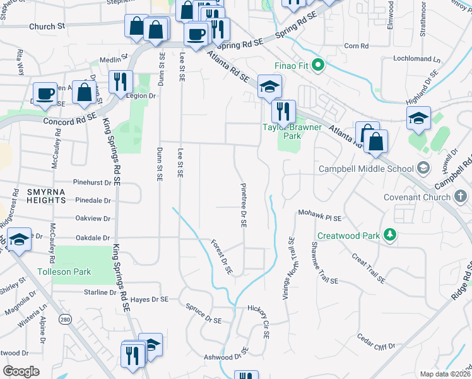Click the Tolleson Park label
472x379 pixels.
tap(64, 272)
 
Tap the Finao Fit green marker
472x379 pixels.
tap(318, 64)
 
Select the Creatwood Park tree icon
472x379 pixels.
tap(391, 236)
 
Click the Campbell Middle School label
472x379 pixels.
tap(365, 169)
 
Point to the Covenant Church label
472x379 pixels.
tap(417, 197)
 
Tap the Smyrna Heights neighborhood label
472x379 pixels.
tap(38, 195)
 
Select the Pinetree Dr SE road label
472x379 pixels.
tap(243, 205)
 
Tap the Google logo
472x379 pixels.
tap(20, 371)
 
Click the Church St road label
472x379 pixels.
tap(47, 27)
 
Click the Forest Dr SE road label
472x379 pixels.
tap(222, 257)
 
